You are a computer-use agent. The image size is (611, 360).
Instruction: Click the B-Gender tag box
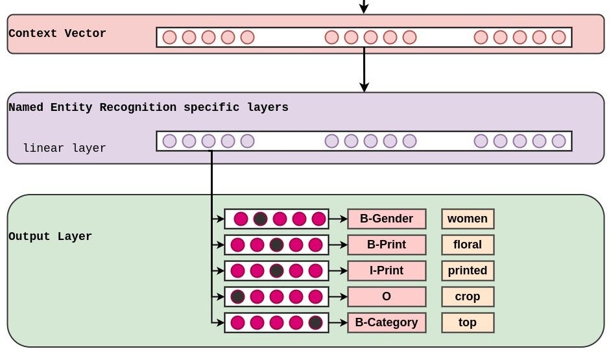tap(387, 219)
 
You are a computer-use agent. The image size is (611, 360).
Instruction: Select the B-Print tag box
tap(387, 245)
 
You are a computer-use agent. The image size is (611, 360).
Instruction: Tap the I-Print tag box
tap(387, 270)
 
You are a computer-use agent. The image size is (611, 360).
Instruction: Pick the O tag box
tap(387, 296)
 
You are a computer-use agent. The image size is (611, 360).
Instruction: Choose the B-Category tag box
tap(387, 322)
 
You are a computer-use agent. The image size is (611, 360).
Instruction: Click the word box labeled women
tap(468, 219)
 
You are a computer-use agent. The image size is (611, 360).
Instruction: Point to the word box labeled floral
tap(468, 245)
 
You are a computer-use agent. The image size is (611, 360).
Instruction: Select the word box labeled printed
tap(468, 270)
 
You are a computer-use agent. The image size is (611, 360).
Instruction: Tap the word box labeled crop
tap(468, 296)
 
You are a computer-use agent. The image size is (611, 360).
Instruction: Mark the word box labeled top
tap(468, 322)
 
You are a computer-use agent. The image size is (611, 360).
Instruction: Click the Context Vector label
tap(57, 34)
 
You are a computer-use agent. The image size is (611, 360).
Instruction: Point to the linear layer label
tap(64, 148)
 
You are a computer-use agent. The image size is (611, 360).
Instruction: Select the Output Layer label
tap(50, 237)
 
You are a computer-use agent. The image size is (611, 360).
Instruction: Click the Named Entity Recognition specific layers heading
tap(149, 108)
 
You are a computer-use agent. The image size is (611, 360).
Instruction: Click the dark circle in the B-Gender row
tap(260, 219)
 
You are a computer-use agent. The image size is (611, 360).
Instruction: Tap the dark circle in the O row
tap(237, 296)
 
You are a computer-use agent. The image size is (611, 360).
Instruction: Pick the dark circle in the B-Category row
tap(315, 322)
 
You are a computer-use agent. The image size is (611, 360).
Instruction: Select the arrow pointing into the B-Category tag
tap(338, 322)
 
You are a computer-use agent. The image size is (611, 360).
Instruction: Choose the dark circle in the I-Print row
tap(276, 270)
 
